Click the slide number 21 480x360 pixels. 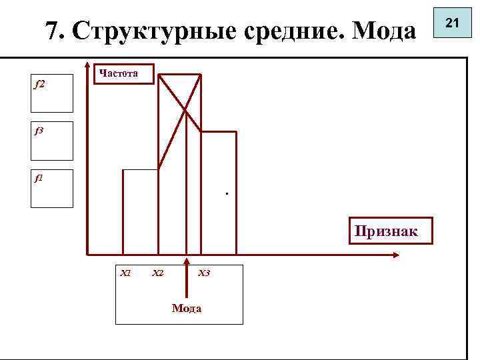(x=453, y=23)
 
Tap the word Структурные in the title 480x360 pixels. (x=142, y=31)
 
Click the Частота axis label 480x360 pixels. (x=119, y=73)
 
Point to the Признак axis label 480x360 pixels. (x=387, y=231)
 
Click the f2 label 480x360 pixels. (x=39, y=85)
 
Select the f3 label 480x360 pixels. (x=39, y=131)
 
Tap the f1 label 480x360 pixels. (x=39, y=179)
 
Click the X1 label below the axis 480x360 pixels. (x=124, y=273)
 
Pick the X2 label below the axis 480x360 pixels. (x=158, y=273)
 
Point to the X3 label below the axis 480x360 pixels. (x=204, y=273)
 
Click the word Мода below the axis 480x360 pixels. (x=187, y=308)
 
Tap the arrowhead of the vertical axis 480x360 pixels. (x=88, y=66)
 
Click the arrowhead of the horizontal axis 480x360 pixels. (x=396, y=254)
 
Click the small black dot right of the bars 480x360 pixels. (x=227, y=194)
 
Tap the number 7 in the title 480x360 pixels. (x=51, y=31)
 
